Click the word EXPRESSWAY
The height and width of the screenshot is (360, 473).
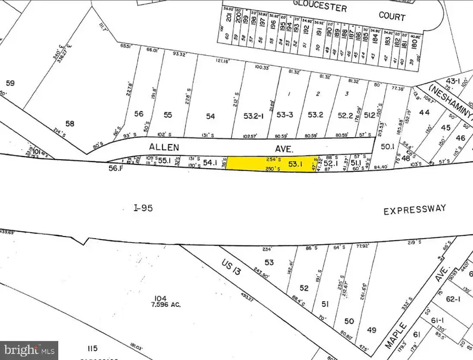[414, 210]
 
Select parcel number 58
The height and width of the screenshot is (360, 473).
[70, 124]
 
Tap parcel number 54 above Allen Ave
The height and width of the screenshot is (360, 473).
[210, 116]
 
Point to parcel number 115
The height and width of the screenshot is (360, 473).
[93, 348]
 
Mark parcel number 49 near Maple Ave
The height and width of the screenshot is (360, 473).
[372, 330]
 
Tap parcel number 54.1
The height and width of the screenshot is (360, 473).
[210, 163]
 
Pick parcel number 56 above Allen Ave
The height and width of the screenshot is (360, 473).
[139, 114]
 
